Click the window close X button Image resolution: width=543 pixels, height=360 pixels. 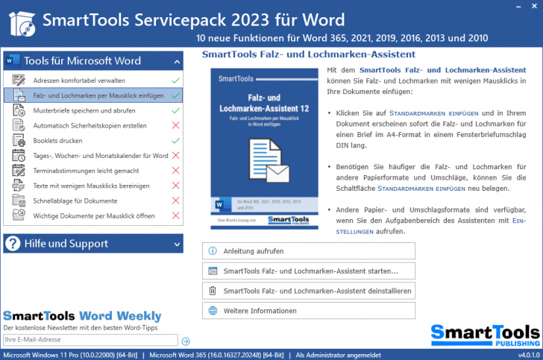click(x=532, y=7)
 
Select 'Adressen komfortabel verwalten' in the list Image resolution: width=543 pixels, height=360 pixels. click(x=78, y=80)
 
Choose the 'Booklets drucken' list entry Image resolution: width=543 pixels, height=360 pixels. click(x=59, y=140)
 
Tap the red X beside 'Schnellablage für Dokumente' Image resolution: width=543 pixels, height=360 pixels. click(x=176, y=201)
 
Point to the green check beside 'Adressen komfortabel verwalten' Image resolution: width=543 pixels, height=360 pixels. click(x=176, y=80)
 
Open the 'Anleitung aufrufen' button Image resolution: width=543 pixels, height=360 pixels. click(x=308, y=251)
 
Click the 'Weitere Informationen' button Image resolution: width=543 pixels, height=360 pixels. click(x=308, y=311)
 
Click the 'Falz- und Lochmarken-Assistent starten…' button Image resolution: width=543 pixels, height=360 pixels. click(x=308, y=271)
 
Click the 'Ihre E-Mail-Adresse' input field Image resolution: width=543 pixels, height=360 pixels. click(x=90, y=340)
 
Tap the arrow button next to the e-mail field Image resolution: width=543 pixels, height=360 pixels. click(x=186, y=341)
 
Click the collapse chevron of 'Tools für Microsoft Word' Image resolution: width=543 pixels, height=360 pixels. click(x=177, y=61)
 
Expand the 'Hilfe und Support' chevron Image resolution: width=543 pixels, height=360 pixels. click(x=177, y=244)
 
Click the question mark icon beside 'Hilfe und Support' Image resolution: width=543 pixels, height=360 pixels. click(x=13, y=243)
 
